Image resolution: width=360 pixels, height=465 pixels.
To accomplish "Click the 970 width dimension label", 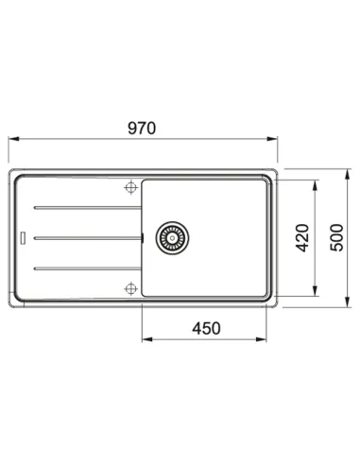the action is coord(142,129).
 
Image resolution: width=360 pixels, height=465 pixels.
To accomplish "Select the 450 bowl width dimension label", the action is coord(206,328).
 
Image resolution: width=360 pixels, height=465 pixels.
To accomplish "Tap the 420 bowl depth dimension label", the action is coord(302,238).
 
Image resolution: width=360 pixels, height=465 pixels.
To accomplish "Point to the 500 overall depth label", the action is coord(336,237).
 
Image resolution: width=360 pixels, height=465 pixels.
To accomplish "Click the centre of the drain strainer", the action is coord(172,238).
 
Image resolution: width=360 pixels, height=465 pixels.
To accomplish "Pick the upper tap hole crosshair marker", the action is coord(130,188).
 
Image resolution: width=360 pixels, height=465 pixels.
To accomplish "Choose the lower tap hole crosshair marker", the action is coord(130,288).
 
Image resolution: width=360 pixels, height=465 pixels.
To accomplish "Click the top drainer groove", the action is coord(88,208).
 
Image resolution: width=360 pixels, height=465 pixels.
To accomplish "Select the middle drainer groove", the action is coord(88,238).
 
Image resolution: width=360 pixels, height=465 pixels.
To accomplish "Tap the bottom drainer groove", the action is coord(88,268).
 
